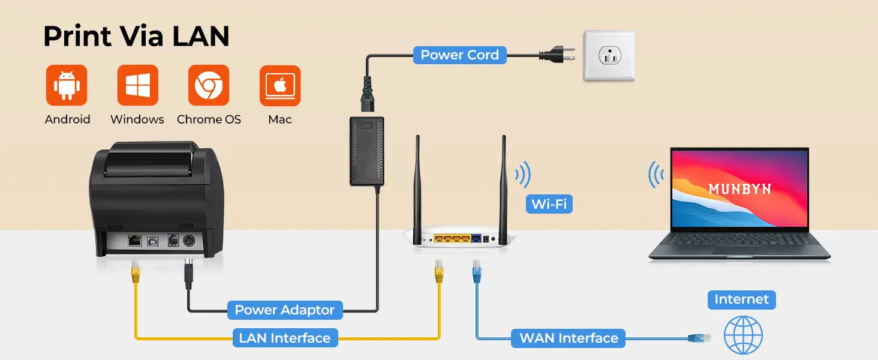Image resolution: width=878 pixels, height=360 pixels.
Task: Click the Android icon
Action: pyautogui.click(x=67, y=86)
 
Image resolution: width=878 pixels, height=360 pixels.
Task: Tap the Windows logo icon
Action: pyautogui.click(x=137, y=86)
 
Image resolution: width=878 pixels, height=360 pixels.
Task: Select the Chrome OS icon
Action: pyautogui.click(x=209, y=86)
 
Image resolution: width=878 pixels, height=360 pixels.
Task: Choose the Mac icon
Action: pyautogui.click(x=280, y=86)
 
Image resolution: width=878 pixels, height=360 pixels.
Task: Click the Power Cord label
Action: pyautogui.click(x=459, y=55)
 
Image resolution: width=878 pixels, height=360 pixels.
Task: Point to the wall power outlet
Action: pyautogui.click(x=609, y=56)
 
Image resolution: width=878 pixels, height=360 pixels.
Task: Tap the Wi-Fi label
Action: pyautogui.click(x=549, y=204)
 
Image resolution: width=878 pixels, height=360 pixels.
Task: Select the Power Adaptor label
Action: pyautogui.click(x=284, y=310)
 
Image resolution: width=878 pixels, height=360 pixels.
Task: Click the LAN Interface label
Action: pyautogui.click(x=284, y=338)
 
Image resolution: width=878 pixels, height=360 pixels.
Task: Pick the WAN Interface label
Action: pyautogui.click(x=569, y=338)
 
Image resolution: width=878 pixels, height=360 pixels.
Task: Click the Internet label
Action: pyautogui.click(x=741, y=299)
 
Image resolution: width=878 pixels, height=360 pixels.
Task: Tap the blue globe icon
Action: pyautogui.click(x=743, y=335)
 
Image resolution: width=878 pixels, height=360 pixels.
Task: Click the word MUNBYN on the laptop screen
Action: pyautogui.click(x=739, y=189)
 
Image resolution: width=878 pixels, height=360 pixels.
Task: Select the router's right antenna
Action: pyautogui.click(x=503, y=183)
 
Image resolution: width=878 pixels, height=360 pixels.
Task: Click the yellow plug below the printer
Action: pyautogui.click(x=136, y=272)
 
